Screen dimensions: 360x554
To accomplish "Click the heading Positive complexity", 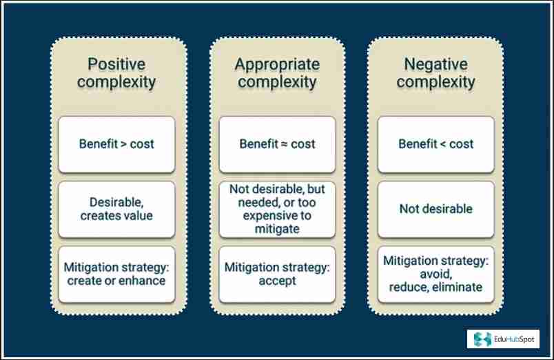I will tap(116, 73).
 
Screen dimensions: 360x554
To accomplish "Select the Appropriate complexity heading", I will tap(277, 73).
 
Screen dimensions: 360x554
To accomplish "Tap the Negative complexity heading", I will tap(436, 73).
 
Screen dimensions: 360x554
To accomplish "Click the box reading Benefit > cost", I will tap(116, 144).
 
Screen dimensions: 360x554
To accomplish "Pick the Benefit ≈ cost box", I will tap(277, 144).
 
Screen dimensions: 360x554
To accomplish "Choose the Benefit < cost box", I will tap(436, 144).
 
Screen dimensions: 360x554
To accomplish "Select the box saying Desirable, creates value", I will tap(116, 209).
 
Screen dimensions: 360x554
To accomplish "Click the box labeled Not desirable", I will tap(436, 209).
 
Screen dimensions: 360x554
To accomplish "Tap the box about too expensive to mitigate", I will tap(277, 209).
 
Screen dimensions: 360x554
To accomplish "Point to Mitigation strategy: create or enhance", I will tap(116, 274).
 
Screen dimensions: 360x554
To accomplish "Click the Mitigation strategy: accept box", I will tap(277, 274).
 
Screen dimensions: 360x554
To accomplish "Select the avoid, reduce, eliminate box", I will tap(436, 274).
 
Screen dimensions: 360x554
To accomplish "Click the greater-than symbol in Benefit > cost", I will tap(122, 144).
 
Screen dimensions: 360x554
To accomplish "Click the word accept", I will tap(277, 281).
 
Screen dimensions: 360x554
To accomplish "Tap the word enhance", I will tap(143, 281).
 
